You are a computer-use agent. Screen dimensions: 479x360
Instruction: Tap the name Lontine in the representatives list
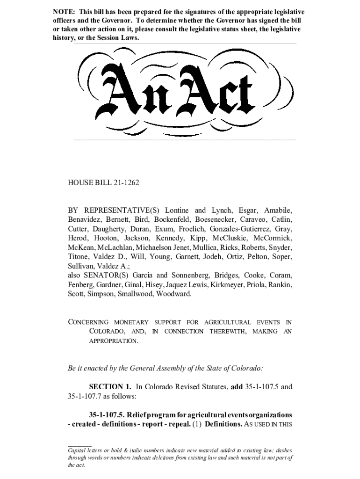(x=178, y=210)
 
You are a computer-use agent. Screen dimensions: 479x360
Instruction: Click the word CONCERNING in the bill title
(x=88, y=322)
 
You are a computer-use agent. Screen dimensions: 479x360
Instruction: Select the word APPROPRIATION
(x=114, y=341)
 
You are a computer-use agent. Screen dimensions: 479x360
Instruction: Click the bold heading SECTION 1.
(x=110, y=387)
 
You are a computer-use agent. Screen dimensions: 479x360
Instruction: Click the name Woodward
(x=174, y=294)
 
